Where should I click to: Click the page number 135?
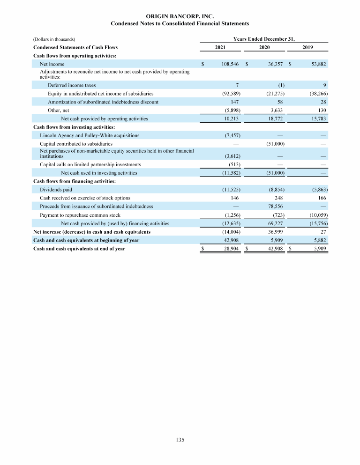click(x=180, y=440)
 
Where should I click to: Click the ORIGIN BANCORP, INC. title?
click(x=180, y=16)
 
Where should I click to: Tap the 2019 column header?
click(x=307, y=47)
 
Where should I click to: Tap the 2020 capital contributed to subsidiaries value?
click(x=275, y=143)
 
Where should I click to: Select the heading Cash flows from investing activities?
click(x=74, y=127)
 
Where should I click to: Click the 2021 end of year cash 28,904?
click(x=232, y=249)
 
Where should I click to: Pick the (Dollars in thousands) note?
click(x=55, y=39)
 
